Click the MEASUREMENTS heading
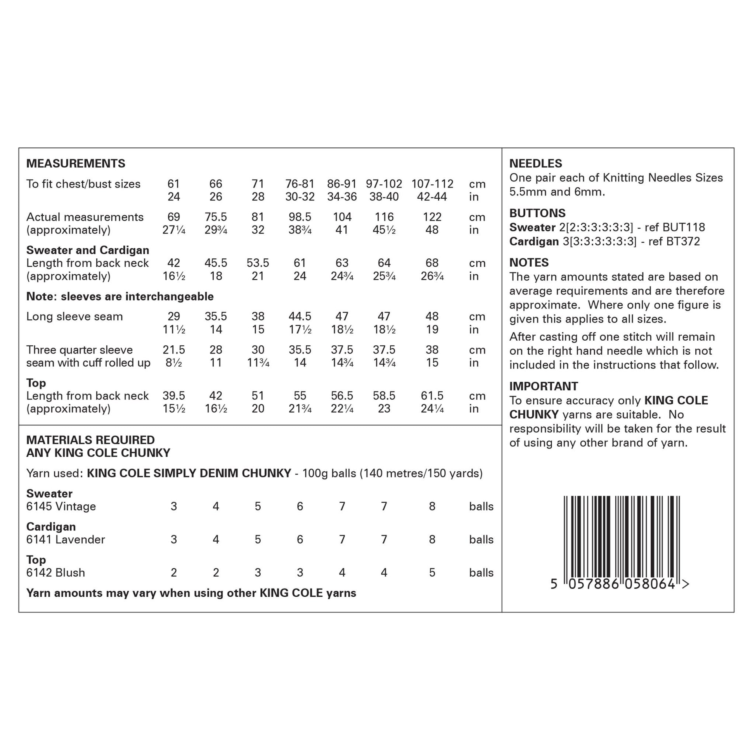[75, 163]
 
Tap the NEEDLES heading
[535, 163]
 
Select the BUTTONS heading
[537, 213]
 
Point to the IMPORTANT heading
[543, 386]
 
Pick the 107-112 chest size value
[432, 184]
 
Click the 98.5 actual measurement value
[300, 217]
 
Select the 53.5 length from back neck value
[258, 263]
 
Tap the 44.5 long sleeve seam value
[300, 316]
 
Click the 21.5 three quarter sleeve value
[173, 350]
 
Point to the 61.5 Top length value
[432, 395]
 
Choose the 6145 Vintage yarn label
[61, 506]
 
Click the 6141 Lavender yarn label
[65, 540]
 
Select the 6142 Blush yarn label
[55, 573]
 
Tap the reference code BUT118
[684, 227]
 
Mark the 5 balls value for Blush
[432, 573]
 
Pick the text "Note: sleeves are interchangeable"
[119, 296]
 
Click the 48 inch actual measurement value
[432, 230]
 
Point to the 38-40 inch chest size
[384, 197]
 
